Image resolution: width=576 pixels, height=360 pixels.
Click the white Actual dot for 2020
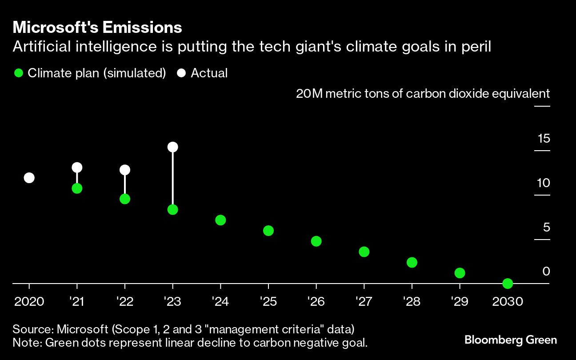click(29, 178)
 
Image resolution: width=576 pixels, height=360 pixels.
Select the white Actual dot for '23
click(173, 147)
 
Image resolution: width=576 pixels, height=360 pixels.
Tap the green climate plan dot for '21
click(77, 188)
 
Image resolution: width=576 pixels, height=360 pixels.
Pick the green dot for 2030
click(508, 283)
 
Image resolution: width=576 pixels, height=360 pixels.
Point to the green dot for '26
click(316, 241)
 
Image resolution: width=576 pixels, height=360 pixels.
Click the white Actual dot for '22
click(125, 170)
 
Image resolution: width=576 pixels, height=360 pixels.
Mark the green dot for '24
click(220, 220)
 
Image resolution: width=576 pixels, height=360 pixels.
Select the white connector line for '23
click(173, 178)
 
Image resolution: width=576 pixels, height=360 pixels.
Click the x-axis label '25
click(268, 302)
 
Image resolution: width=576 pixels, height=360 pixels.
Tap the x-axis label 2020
click(29, 302)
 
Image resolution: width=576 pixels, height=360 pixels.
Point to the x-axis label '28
click(412, 302)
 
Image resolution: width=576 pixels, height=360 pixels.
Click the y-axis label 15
click(544, 139)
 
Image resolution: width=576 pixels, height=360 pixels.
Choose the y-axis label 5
click(546, 228)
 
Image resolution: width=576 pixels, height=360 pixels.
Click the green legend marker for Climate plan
click(18, 73)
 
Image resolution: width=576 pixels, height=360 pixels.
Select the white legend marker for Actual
click(181, 73)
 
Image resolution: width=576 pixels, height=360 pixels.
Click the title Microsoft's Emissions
click(97, 28)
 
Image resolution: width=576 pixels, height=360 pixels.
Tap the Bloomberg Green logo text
click(510, 340)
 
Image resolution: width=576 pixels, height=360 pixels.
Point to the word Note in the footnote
click(24, 343)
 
